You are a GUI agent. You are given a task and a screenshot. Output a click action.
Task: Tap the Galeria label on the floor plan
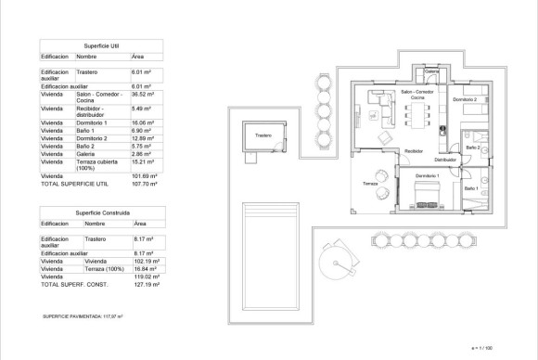pyautogui.click(x=430, y=71)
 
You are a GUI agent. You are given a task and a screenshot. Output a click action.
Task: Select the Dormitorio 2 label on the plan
pyautogui.click(x=465, y=99)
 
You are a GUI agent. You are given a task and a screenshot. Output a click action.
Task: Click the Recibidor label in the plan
pyautogui.click(x=414, y=150)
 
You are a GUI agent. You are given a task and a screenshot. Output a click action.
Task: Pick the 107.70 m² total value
pyautogui.click(x=145, y=184)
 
